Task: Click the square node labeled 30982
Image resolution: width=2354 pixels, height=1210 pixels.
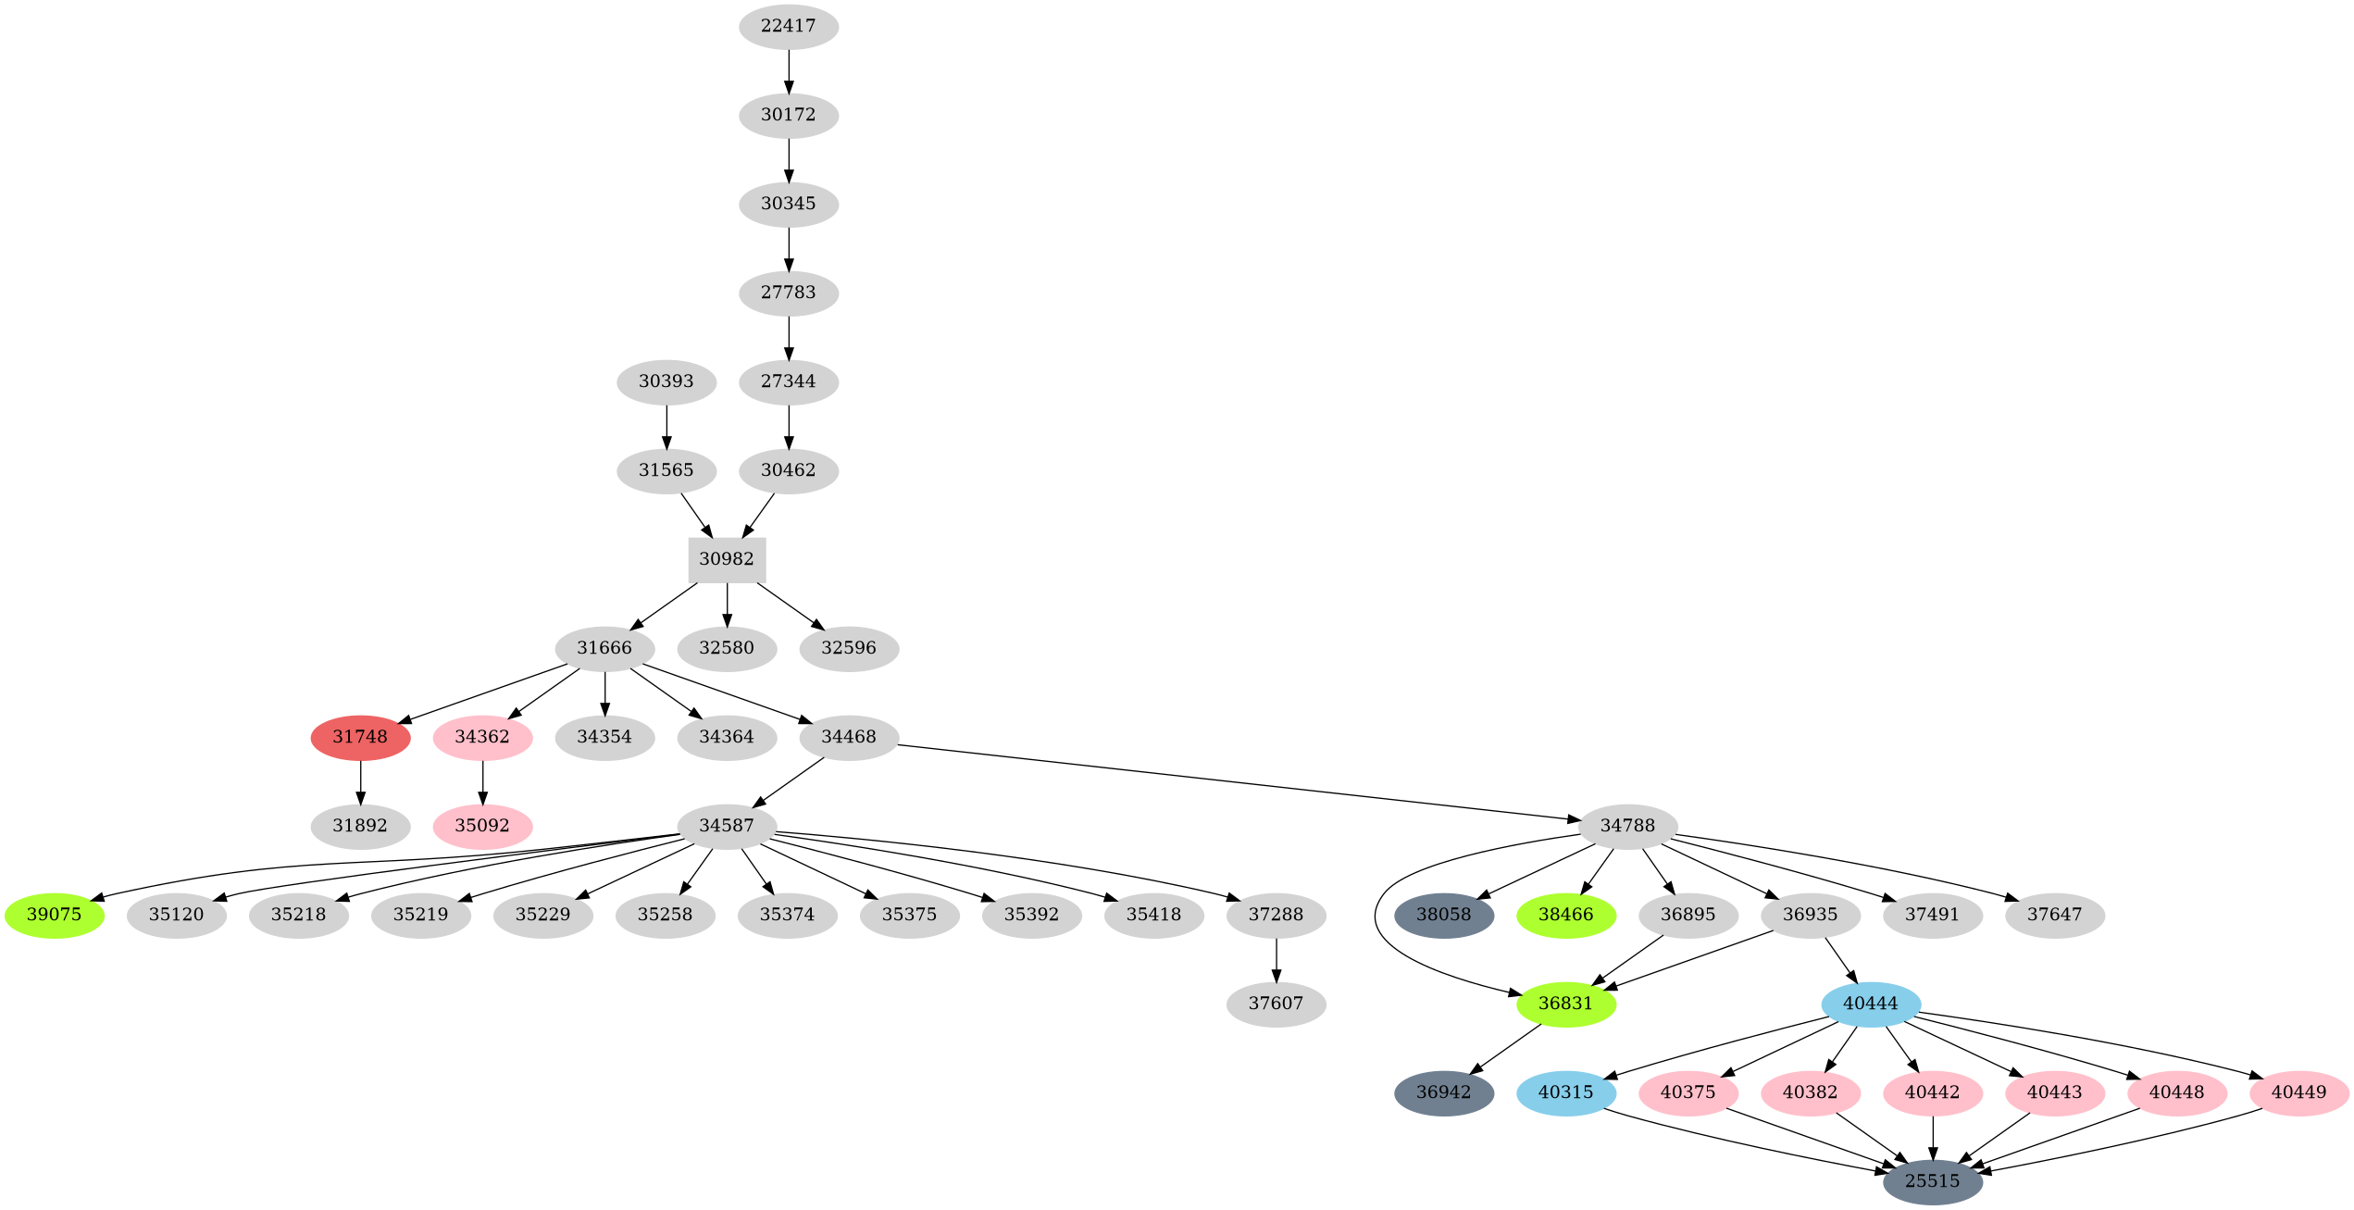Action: [x=727, y=559]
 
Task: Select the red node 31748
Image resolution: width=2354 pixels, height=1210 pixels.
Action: [x=360, y=737]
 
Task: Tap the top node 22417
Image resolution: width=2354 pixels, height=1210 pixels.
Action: [x=789, y=26]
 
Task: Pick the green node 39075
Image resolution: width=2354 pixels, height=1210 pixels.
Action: [x=55, y=915]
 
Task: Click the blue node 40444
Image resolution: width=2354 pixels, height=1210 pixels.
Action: [x=1871, y=1004]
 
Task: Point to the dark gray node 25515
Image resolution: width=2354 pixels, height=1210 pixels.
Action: [x=1933, y=1181]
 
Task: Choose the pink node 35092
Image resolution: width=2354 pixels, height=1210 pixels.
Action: [x=482, y=826]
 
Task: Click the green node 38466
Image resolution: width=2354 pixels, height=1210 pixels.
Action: [x=1566, y=915]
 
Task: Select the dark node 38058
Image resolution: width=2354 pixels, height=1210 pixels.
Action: [x=1444, y=915]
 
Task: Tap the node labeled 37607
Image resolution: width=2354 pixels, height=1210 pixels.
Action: [x=1276, y=1004]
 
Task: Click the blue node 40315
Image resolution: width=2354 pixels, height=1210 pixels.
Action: [x=1566, y=1092]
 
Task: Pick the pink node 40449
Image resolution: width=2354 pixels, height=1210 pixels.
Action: [x=2299, y=1092]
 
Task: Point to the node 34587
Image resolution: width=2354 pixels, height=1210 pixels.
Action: [x=727, y=826]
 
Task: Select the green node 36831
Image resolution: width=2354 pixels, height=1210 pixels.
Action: [x=1566, y=1004]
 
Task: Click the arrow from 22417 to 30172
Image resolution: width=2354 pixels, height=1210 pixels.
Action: [x=789, y=70]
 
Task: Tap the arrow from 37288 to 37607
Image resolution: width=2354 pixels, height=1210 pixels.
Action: [x=1276, y=959]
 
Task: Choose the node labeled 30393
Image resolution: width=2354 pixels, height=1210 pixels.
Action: [x=666, y=381]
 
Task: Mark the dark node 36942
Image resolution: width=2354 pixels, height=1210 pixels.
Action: [x=1444, y=1092]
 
